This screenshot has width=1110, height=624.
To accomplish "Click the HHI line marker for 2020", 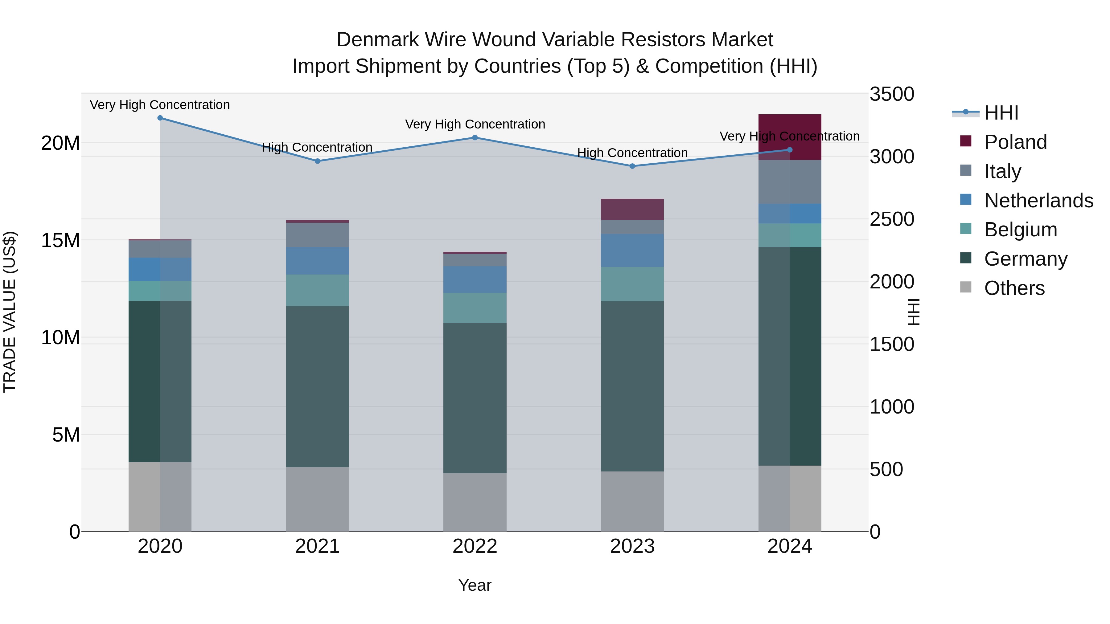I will coord(160,118).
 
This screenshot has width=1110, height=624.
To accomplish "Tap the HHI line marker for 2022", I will coord(475,138).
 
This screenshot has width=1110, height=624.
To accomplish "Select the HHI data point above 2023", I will coord(632,166).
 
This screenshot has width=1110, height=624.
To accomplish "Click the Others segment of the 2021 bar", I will coord(318,499).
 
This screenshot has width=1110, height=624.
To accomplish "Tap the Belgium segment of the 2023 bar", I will coord(632,284).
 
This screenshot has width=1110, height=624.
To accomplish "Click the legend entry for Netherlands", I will coord(1038,201).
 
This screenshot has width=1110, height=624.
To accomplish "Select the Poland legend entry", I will coord(1015,142).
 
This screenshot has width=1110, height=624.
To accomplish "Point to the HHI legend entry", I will coord(1001,113).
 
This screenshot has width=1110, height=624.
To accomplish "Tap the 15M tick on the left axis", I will coord(60,240).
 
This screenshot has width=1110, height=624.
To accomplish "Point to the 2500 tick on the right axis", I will coord(891,219).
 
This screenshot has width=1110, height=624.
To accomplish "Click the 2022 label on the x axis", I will coord(475,546).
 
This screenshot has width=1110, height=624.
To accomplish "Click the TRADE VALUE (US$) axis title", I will coord(10,312).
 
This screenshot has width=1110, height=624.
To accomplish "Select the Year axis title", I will coord(475,585).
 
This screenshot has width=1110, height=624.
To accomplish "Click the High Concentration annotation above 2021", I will coord(317,147).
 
